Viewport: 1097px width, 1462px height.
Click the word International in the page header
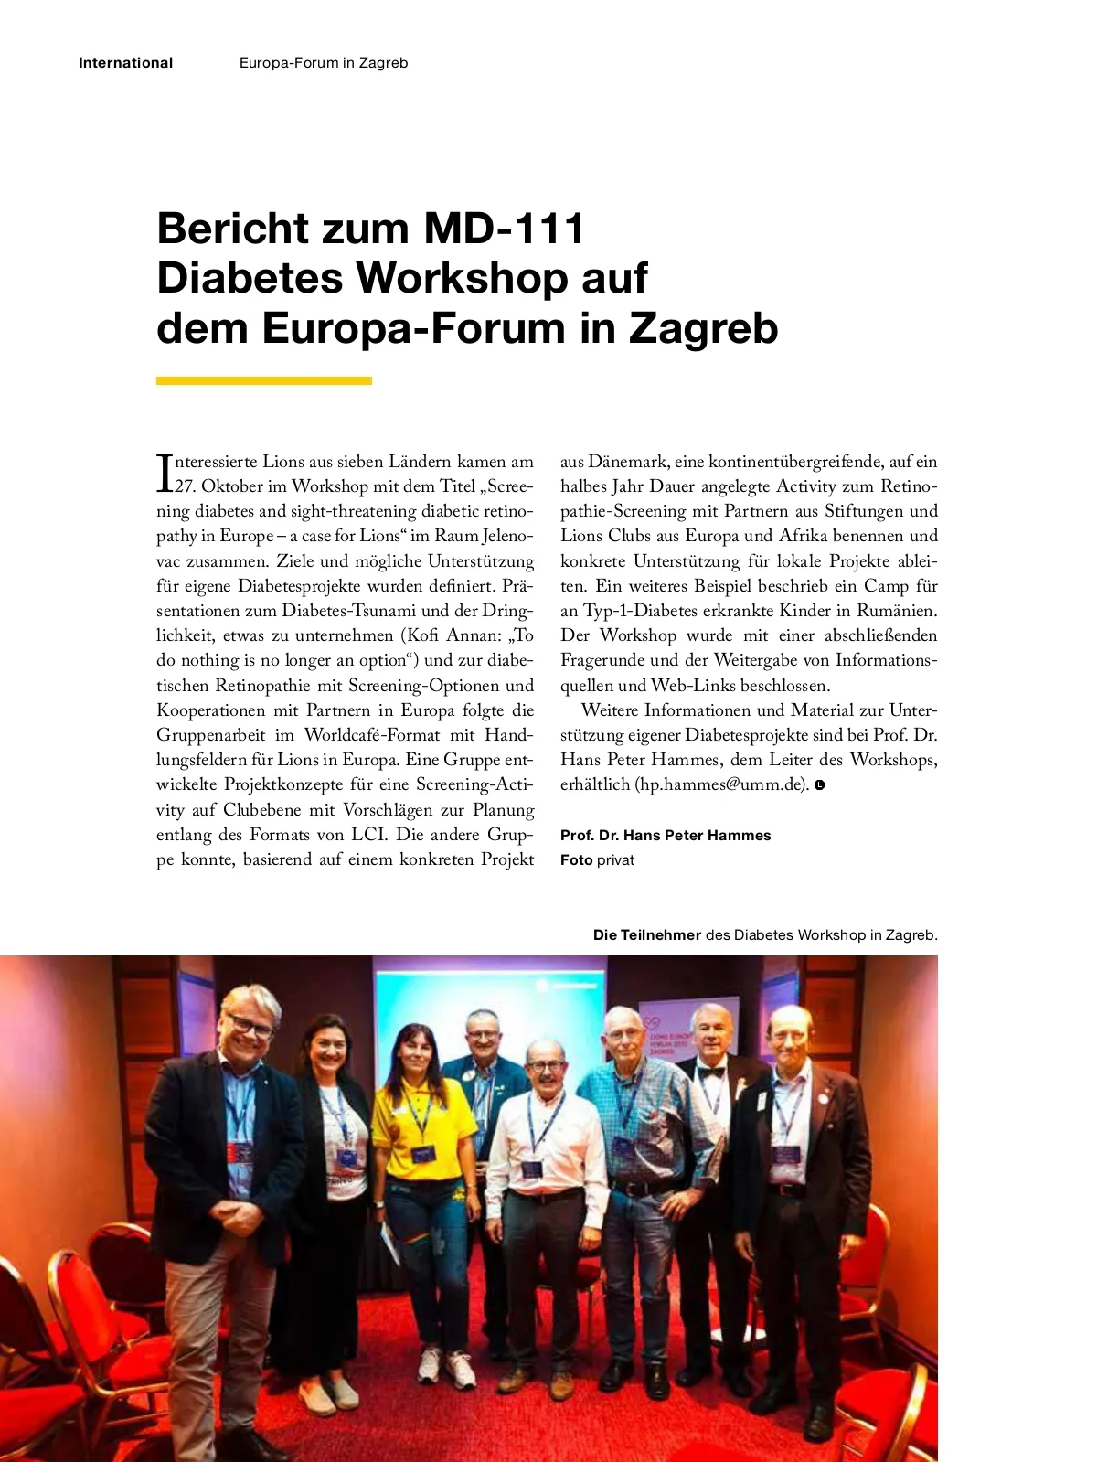point(125,63)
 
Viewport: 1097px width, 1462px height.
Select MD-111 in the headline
point(504,229)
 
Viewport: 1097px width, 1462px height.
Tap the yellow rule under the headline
point(263,380)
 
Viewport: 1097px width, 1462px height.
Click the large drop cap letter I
point(165,474)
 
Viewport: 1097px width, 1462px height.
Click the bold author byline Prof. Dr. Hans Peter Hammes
point(666,835)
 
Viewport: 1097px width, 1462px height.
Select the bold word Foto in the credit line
point(576,859)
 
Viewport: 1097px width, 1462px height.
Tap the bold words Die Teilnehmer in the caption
point(646,934)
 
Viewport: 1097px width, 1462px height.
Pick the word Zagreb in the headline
point(703,329)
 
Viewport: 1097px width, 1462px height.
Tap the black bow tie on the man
point(710,1073)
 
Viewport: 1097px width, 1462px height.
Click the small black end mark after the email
point(820,784)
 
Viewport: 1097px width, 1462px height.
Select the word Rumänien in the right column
point(897,611)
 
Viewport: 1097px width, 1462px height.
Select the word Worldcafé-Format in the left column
point(372,735)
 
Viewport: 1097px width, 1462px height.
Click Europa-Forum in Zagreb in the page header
point(324,63)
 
